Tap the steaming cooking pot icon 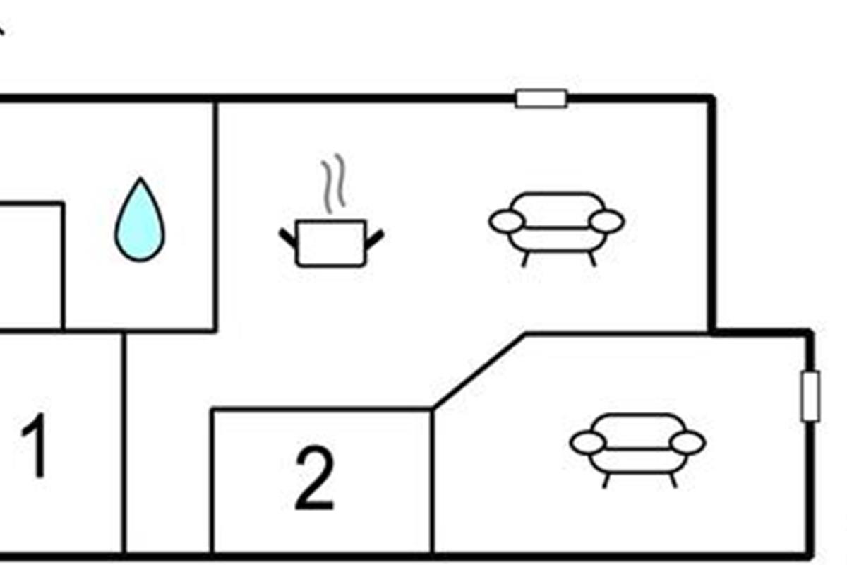[x=331, y=243]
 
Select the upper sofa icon [x=557, y=223]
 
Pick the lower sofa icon [x=637, y=445]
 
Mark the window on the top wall [x=541, y=99]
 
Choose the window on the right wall [x=810, y=396]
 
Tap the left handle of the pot [x=288, y=238]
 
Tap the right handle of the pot [x=374, y=238]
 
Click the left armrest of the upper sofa [x=507, y=221]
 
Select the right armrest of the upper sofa [x=606, y=221]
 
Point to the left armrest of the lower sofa [x=587, y=443]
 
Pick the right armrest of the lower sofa [x=687, y=443]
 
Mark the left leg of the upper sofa [x=525, y=258]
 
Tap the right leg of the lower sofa [x=673, y=480]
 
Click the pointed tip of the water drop [x=140, y=181]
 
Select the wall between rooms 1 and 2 [x=124, y=445]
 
